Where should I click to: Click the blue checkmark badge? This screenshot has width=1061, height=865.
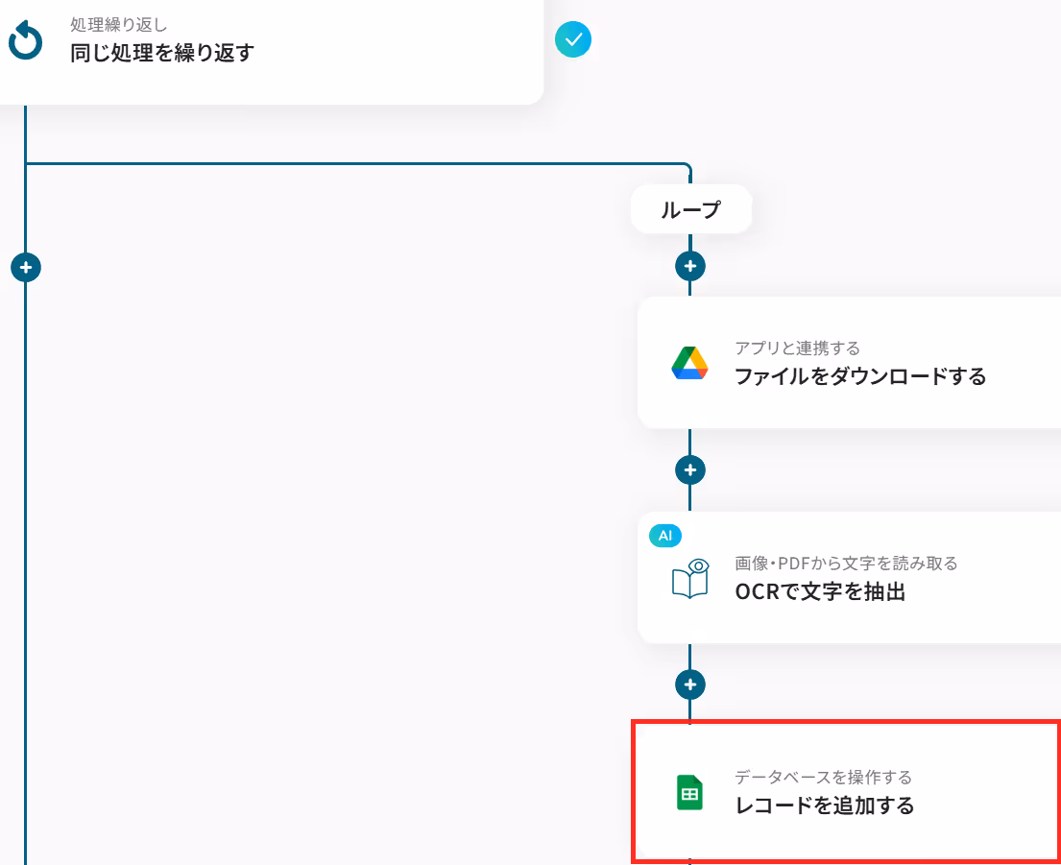click(x=573, y=39)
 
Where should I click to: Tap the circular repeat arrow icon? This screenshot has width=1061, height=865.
click(x=25, y=40)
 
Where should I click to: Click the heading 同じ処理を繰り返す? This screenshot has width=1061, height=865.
click(x=162, y=52)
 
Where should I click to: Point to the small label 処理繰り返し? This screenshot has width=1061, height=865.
click(x=119, y=24)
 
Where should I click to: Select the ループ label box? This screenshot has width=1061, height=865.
click(x=690, y=209)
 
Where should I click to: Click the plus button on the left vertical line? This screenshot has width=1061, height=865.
click(x=25, y=267)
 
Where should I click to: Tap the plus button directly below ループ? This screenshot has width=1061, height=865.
click(x=690, y=265)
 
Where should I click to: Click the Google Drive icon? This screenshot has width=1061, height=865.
click(x=689, y=363)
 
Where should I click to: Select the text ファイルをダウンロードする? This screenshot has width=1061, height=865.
click(x=860, y=376)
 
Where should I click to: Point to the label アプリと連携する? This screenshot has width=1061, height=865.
click(x=797, y=348)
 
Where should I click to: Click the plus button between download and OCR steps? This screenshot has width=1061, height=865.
click(x=690, y=469)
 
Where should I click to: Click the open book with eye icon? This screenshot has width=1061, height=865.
click(x=689, y=578)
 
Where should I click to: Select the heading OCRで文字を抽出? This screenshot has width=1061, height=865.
click(x=820, y=591)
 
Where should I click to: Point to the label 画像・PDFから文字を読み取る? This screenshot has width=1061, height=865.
click(x=846, y=563)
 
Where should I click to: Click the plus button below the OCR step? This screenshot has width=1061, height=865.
click(x=690, y=685)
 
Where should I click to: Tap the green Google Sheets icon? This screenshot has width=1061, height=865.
click(x=689, y=793)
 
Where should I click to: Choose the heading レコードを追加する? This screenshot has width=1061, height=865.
click(x=824, y=805)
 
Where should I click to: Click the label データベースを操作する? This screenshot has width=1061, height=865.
click(x=823, y=777)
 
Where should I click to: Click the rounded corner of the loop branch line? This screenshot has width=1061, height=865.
click(x=687, y=168)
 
